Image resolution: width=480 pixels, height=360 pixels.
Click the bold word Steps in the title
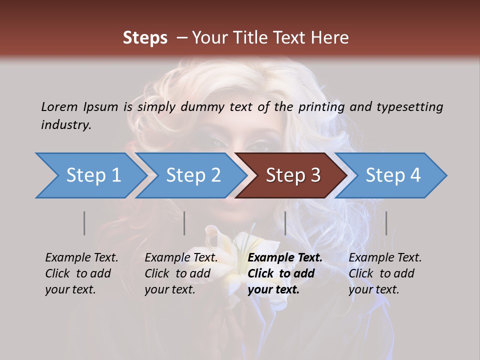(145, 38)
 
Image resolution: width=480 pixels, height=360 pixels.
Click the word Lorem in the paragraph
(59, 106)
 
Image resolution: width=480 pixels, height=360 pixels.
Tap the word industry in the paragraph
(66, 124)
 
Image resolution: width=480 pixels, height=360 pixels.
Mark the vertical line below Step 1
(84, 223)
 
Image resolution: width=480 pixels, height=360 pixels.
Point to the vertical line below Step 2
(184, 223)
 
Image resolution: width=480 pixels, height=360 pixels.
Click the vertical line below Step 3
(285, 223)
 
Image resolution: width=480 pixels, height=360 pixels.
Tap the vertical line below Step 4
(386, 223)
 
